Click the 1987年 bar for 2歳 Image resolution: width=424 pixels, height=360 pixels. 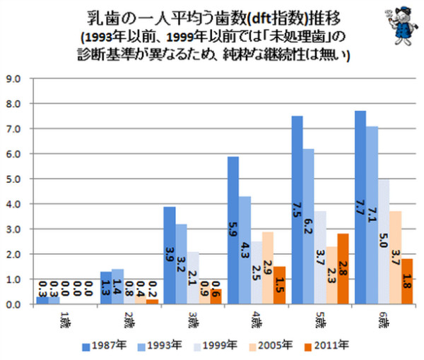(x=106, y=288)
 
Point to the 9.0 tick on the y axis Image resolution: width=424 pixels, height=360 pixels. (x=15, y=78)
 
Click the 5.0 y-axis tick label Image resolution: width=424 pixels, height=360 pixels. (x=15, y=179)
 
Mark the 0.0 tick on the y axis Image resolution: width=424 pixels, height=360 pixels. (x=15, y=304)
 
